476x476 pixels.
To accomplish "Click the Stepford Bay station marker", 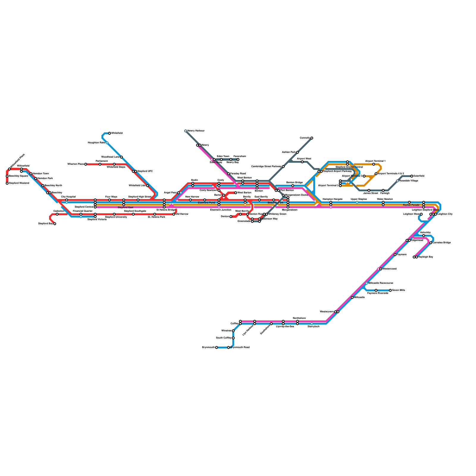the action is (x=55, y=224).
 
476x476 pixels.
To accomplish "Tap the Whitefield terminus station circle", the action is (x=109, y=133).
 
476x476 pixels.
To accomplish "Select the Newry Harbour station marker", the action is (x=186, y=131).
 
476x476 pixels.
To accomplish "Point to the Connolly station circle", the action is (x=312, y=138).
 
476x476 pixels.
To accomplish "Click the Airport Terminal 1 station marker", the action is (x=374, y=164).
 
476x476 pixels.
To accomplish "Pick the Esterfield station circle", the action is (x=412, y=176).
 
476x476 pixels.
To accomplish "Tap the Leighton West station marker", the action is (x=421, y=214).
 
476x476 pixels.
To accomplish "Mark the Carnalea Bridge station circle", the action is (x=431, y=243).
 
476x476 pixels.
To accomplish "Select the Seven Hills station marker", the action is (x=390, y=290).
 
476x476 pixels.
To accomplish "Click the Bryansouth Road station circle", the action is (x=228, y=347).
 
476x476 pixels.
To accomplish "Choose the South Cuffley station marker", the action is (x=233, y=338).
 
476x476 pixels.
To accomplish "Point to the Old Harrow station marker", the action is (x=174, y=214).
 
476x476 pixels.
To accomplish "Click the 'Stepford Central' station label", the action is (x=84, y=207).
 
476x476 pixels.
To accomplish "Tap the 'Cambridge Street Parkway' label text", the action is (x=266, y=166).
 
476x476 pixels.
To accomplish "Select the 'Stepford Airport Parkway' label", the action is (x=337, y=171).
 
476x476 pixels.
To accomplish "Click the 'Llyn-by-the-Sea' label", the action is (x=285, y=326).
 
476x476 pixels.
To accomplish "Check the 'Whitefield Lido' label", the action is (x=137, y=185).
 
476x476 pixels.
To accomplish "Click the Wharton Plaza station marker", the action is (x=86, y=164).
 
